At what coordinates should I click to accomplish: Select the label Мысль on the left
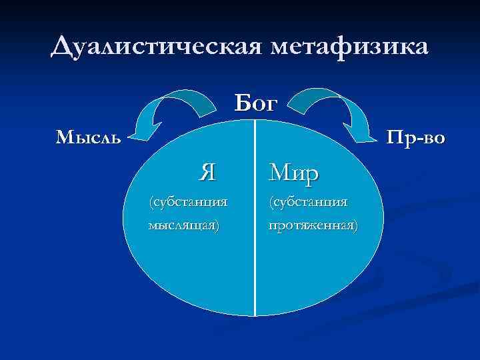pyautogui.click(x=89, y=138)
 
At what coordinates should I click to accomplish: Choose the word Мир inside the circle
pyautogui.click(x=293, y=173)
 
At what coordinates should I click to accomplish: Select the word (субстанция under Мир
pyautogui.click(x=308, y=201)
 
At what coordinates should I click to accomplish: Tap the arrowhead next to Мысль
pyautogui.click(x=139, y=134)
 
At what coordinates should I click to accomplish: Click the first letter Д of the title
pyautogui.click(x=61, y=48)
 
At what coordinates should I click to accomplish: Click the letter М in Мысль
pyautogui.click(x=64, y=138)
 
